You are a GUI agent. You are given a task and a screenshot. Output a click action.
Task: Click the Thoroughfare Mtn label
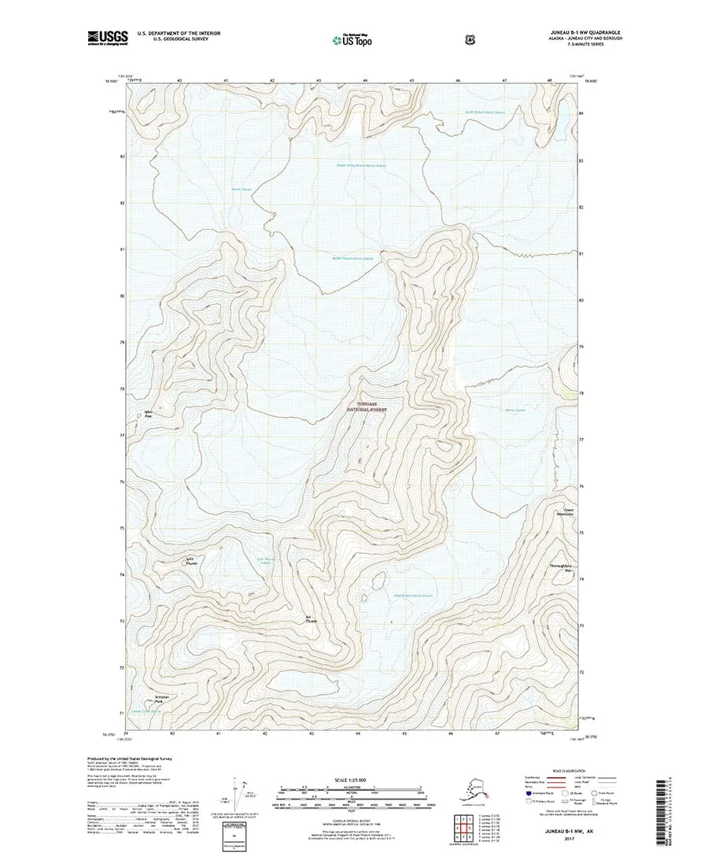560,568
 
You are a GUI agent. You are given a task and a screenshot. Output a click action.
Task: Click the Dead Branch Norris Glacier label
413,596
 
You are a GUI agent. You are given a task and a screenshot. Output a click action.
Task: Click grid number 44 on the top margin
365,80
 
